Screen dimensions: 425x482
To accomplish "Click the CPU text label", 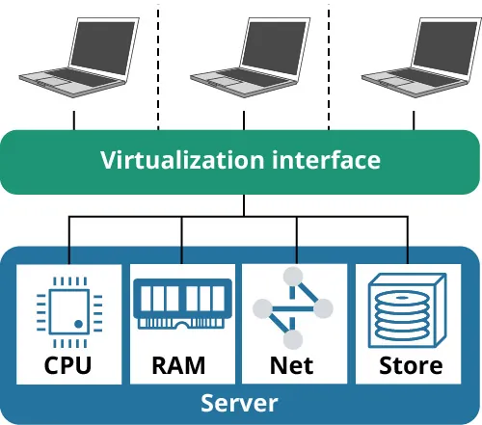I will pos(69,365).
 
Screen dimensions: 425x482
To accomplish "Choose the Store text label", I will pos(411,365).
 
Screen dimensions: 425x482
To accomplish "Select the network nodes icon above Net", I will pos(293,308).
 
